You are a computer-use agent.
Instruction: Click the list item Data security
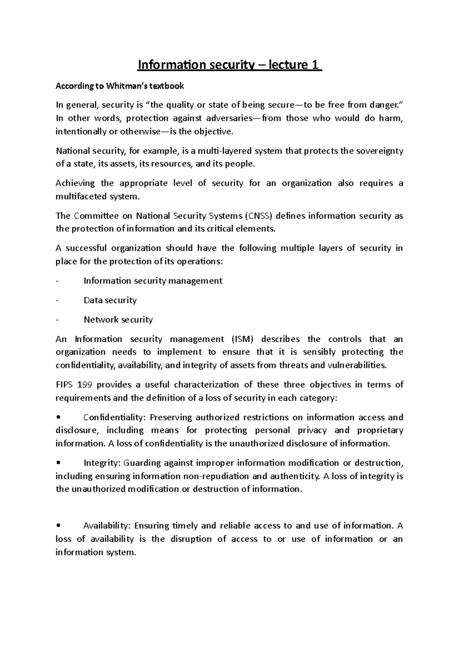(x=110, y=300)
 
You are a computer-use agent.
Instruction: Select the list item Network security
(x=118, y=320)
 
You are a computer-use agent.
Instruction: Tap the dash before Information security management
(x=57, y=281)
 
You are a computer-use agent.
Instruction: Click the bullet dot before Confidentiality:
(x=58, y=417)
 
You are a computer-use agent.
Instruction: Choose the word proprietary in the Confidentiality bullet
(x=380, y=431)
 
